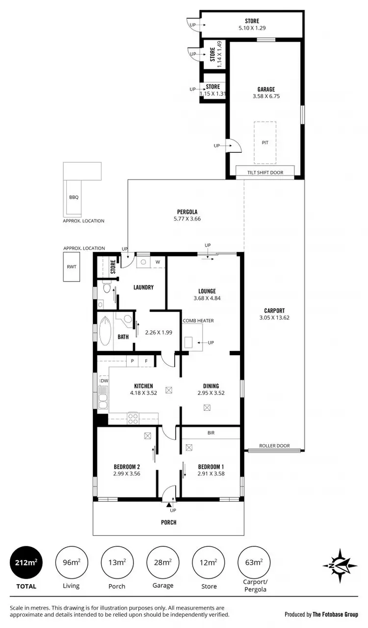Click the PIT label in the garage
click(265, 143)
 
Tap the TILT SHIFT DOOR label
click(265, 172)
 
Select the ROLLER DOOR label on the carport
click(274, 446)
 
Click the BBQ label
click(74, 197)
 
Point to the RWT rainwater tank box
click(71, 268)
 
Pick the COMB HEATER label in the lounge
click(198, 320)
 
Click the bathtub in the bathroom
click(105, 331)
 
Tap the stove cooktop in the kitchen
click(133, 418)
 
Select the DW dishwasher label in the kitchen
click(104, 381)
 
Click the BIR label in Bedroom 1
click(211, 433)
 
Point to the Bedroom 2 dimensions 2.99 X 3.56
click(127, 474)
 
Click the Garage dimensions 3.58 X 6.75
click(266, 97)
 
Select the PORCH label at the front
click(168, 522)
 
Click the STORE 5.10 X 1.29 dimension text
click(252, 28)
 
